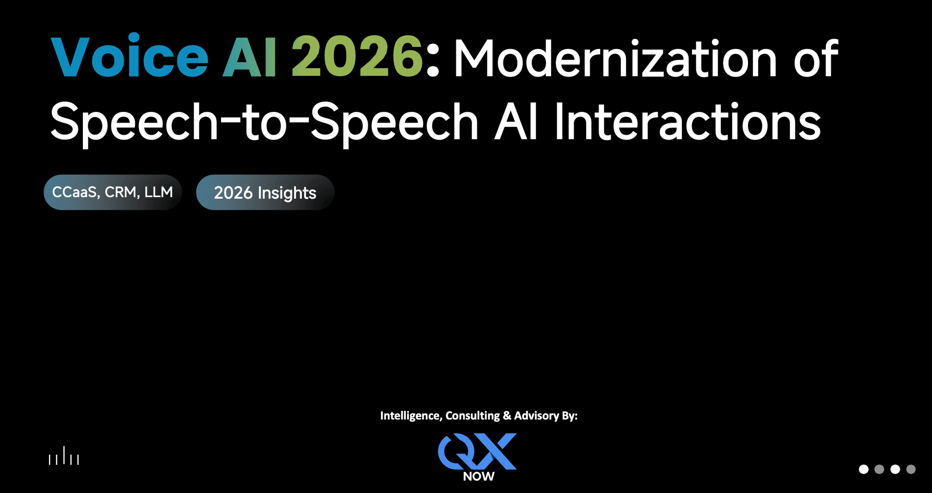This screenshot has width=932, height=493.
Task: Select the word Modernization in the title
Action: pyautogui.click(x=615, y=60)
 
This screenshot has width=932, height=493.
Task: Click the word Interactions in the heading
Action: pyautogui.click(x=687, y=122)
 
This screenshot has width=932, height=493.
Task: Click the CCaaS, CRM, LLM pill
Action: pyautogui.click(x=112, y=192)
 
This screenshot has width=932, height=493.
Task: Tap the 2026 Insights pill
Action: pyautogui.click(x=265, y=192)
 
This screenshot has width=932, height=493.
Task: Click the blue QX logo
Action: pyautogui.click(x=478, y=451)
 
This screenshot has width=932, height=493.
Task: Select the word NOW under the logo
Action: pyautogui.click(x=479, y=476)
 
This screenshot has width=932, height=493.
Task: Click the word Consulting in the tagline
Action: pyautogui.click(x=473, y=416)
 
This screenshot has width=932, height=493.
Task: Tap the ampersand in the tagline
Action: pyautogui.click(x=507, y=416)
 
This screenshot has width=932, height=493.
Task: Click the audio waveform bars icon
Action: pyautogui.click(x=64, y=457)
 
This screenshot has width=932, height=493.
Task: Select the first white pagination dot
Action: pyautogui.click(x=863, y=469)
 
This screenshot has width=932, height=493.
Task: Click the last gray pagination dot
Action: pyautogui.click(x=911, y=469)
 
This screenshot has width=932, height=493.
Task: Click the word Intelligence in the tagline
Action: pyautogui.click(x=410, y=416)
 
